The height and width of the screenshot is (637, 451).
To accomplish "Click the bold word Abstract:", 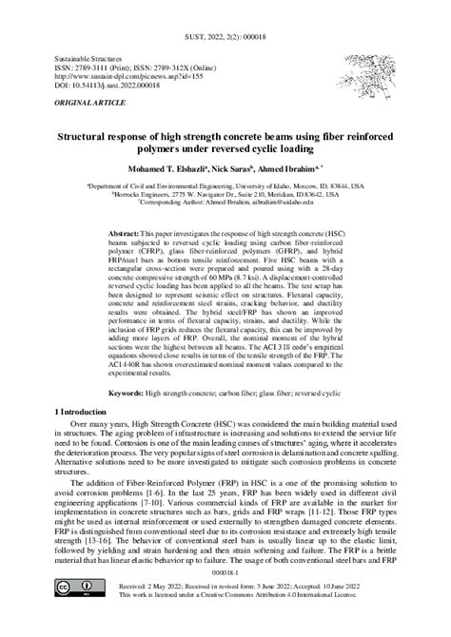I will click(x=123, y=233).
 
